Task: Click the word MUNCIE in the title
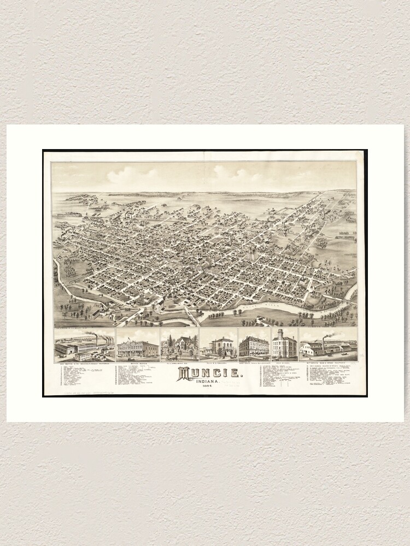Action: pos(210,373)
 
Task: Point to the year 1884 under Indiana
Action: pos(206,388)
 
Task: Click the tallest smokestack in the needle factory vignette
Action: pos(97,340)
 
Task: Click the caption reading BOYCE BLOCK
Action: pos(137,362)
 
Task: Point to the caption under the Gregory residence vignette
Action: pos(218,362)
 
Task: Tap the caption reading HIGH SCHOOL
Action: pos(284,362)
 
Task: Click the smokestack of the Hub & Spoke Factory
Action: pos(323,342)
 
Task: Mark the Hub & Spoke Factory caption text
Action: pos(328,362)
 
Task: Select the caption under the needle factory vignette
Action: pos(85,362)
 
